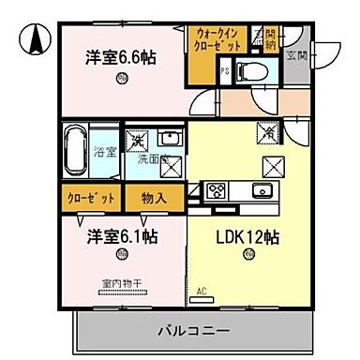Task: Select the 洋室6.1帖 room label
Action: pyautogui.click(x=122, y=234)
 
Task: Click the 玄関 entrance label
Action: pyautogui.click(x=297, y=58)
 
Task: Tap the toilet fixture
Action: pyautogui.click(x=250, y=69)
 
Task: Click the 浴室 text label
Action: pyautogui.click(x=104, y=152)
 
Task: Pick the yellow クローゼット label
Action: pyautogui.click(x=91, y=199)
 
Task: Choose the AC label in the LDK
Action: pyautogui.click(x=201, y=291)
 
